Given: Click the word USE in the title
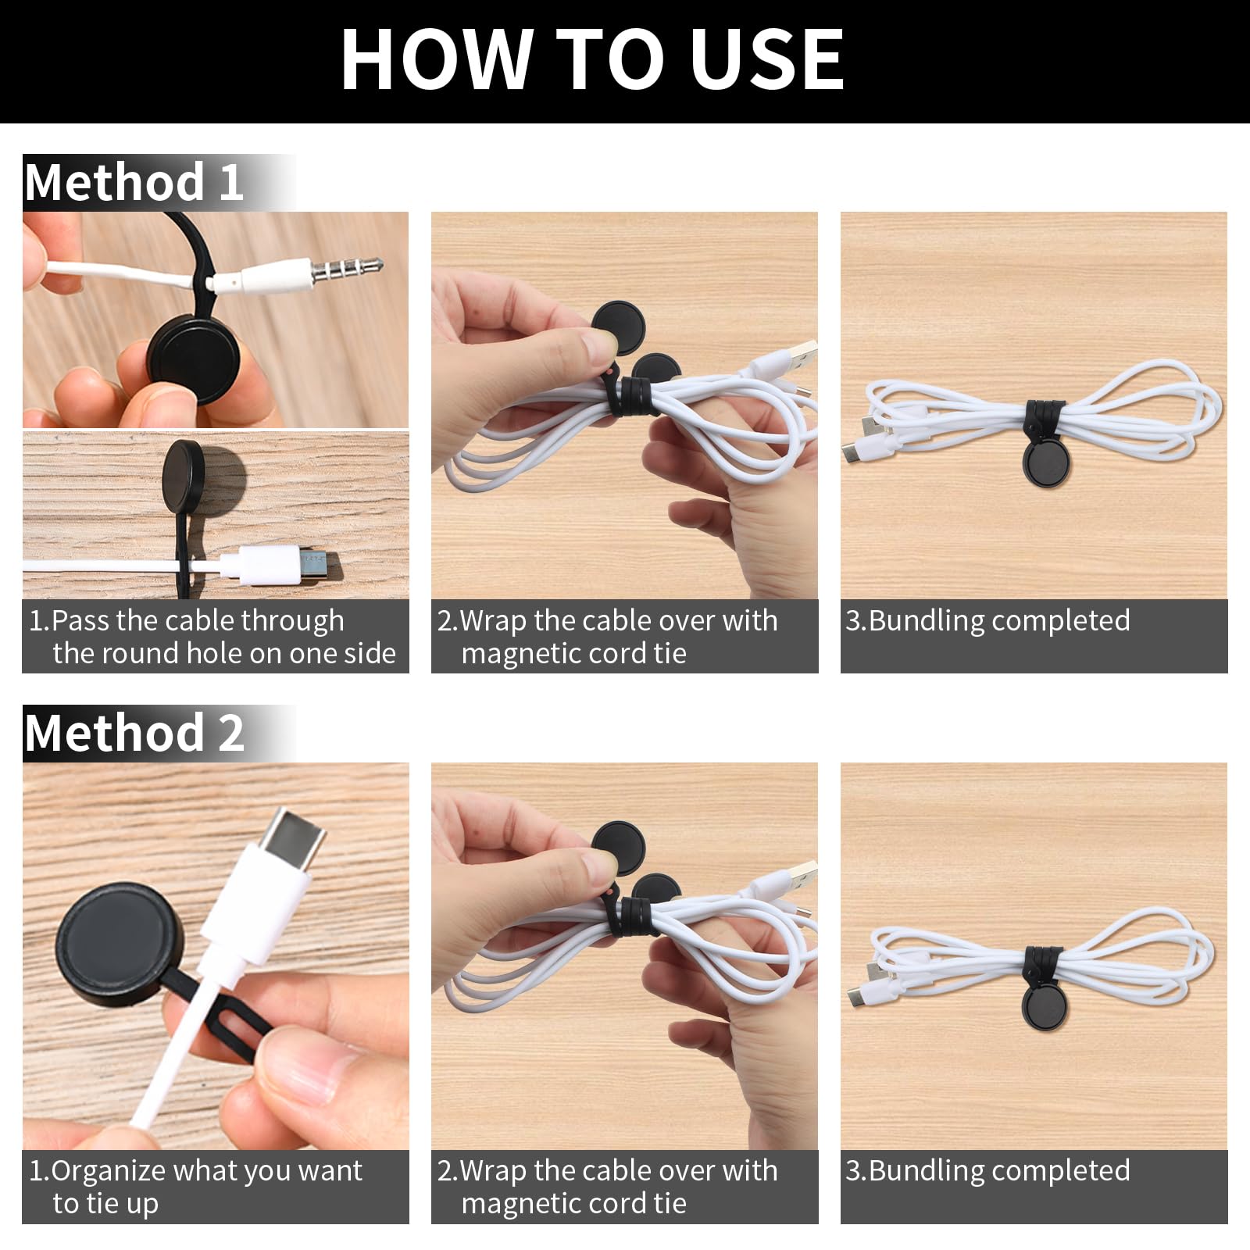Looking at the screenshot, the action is (767, 60).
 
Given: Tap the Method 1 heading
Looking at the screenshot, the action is (134, 182).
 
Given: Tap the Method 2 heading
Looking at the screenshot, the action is (134, 733).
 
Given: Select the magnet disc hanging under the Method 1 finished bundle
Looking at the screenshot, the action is (1046, 460).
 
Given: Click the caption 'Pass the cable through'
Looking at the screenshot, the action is (198, 621).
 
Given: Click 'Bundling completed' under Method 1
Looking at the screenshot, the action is (999, 620).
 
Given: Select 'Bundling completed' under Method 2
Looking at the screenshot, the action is (999, 1170).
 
